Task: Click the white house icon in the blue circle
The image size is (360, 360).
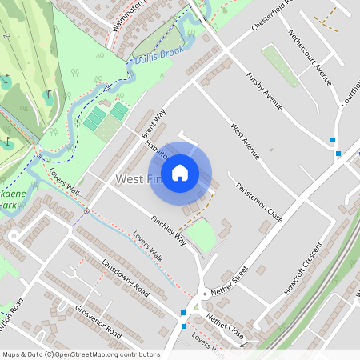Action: coord(180,172)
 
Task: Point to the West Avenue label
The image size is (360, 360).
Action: coord(245,140)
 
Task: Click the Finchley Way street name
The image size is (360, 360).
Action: coord(169,230)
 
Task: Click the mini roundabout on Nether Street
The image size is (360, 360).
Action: coord(205,294)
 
